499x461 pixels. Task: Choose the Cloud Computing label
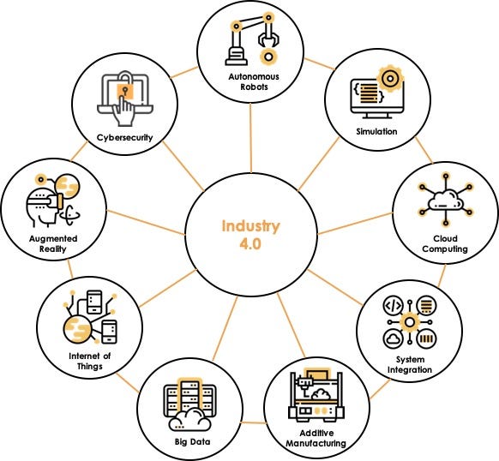click(444, 244)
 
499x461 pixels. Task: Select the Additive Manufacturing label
click(317, 438)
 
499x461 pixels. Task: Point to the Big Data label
click(186, 443)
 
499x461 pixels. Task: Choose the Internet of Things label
click(84, 361)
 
